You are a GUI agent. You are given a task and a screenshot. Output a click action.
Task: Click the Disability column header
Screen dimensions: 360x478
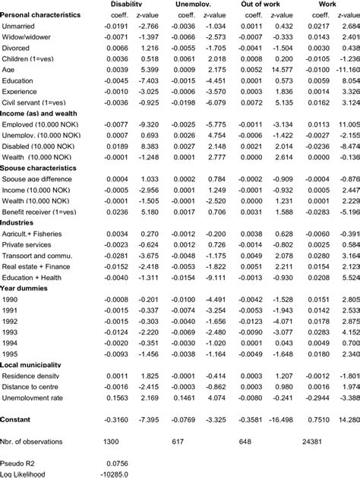pyautogui.click(x=127, y=4)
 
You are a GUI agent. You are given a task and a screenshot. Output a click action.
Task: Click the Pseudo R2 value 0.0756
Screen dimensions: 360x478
pyautogui.click(x=116, y=463)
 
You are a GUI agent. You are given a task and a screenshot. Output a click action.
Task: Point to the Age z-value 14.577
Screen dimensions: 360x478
pyautogui.click(x=280, y=68)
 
